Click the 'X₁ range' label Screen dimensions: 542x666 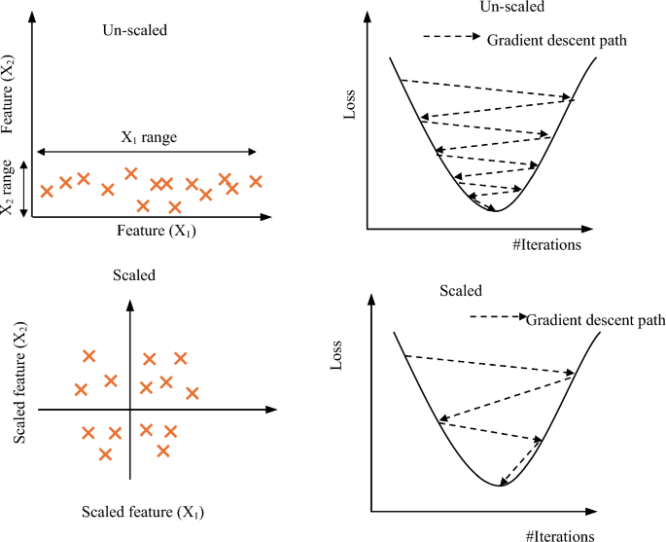[x=148, y=138]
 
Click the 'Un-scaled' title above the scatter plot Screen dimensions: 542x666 [x=134, y=30]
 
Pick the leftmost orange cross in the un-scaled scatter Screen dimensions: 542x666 [x=46, y=191]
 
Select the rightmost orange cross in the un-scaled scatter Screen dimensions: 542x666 [x=257, y=180]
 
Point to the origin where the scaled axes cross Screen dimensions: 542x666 [x=129, y=411]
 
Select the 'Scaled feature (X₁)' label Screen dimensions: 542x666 [x=143, y=511]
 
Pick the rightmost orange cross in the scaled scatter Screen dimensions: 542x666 [x=192, y=393]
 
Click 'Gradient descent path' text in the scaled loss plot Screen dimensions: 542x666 [x=596, y=319]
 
